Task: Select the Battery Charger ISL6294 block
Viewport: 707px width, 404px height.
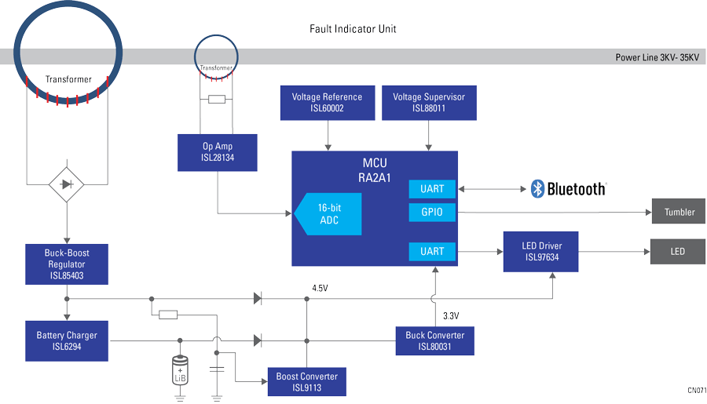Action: pos(66,340)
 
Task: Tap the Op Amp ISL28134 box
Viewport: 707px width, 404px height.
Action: pos(218,151)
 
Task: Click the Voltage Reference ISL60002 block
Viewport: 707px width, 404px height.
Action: pos(327,103)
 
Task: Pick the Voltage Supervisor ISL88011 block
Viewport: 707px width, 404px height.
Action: pos(429,103)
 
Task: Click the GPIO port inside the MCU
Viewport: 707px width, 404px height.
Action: pos(432,213)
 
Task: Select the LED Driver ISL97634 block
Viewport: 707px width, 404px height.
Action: pos(541,251)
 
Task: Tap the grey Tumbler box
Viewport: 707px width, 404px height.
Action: pos(679,212)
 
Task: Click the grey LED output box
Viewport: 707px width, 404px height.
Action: pos(678,252)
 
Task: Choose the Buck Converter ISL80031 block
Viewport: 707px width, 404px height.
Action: pos(434,340)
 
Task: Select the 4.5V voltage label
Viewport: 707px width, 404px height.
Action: pos(319,289)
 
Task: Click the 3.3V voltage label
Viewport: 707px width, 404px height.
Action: pos(450,315)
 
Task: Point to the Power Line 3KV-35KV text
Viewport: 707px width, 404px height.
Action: pos(656,58)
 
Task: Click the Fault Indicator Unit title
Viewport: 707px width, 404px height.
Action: pos(353,29)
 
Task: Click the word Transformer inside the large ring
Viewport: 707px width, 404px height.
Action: pos(68,79)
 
